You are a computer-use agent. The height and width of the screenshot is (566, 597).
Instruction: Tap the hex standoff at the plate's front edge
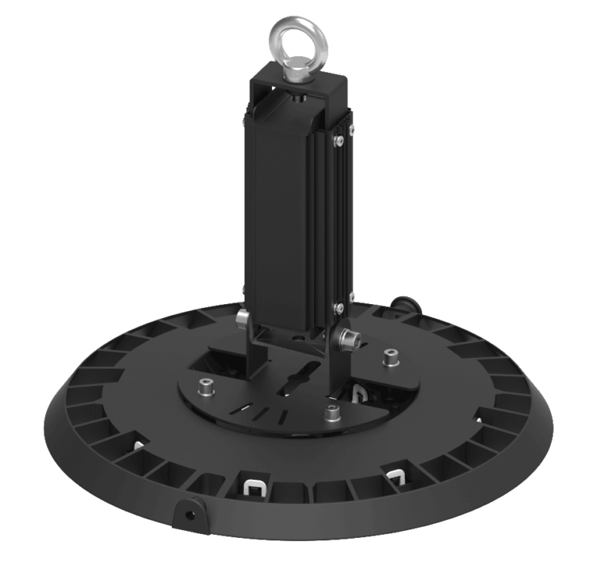(x=332, y=413)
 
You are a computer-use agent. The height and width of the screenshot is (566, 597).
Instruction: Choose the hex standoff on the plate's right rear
(x=391, y=358)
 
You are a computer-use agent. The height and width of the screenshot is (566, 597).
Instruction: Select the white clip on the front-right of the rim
(x=396, y=473)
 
